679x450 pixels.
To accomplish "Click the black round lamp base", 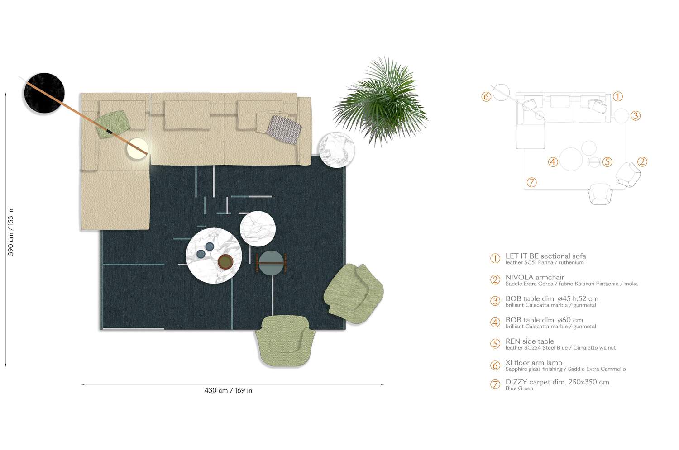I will pyautogui.click(x=44, y=93).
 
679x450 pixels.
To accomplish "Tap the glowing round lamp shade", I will pyautogui.click(x=137, y=148).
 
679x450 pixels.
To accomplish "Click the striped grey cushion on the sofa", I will pyautogui.click(x=284, y=129).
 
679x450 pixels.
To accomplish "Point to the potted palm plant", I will pyautogui.click(x=381, y=102).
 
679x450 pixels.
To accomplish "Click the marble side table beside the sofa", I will pyautogui.click(x=336, y=150).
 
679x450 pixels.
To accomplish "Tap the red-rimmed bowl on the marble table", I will pyautogui.click(x=225, y=261).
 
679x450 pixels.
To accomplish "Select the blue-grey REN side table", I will pyautogui.click(x=271, y=263).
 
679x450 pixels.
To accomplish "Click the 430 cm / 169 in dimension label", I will pyautogui.click(x=228, y=390).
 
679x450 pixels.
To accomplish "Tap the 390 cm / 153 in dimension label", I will pyautogui.click(x=10, y=232).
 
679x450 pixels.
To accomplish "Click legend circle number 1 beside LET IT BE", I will pyautogui.click(x=495, y=258).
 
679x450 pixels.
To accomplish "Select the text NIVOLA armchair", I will pyautogui.click(x=535, y=277).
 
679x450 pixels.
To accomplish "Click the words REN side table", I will pyautogui.click(x=530, y=341).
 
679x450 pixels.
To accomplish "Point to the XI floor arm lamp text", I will pyautogui.click(x=534, y=363).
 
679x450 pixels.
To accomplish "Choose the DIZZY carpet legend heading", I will pyautogui.click(x=557, y=382).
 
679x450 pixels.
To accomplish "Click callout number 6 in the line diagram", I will pyautogui.click(x=486, y=97).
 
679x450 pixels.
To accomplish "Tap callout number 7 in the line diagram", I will pyautogui.click(x=532, y=182).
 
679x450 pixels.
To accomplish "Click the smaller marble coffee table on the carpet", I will pyautogui.click(x=258, y=228).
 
